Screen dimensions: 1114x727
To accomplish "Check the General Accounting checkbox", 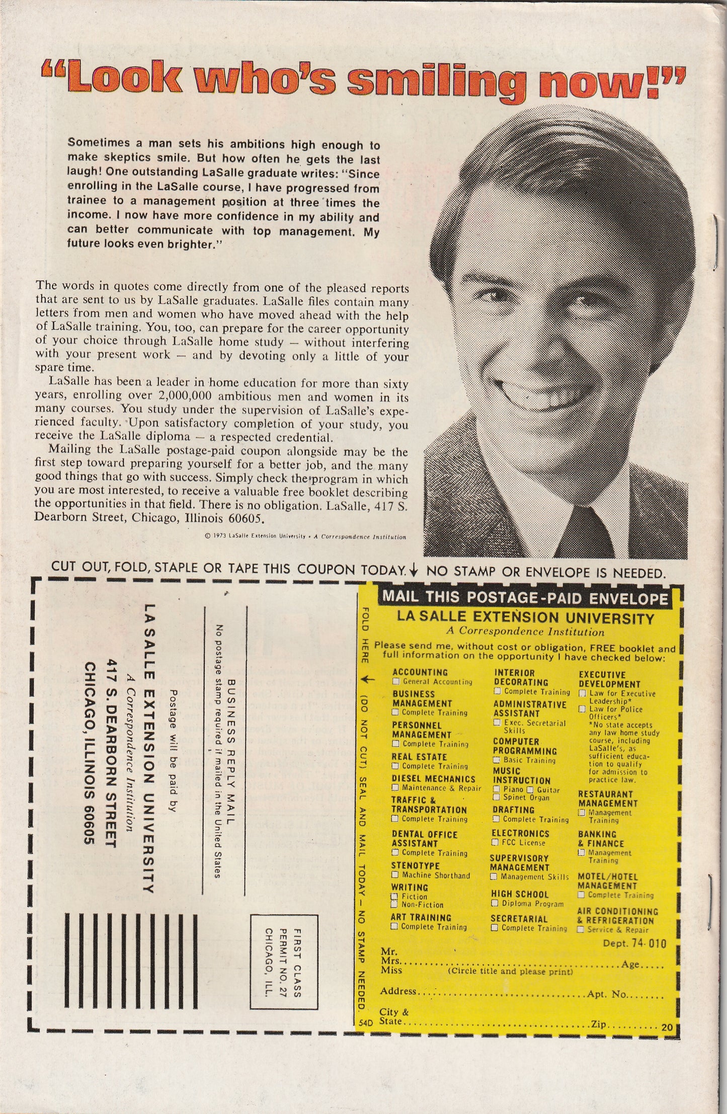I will point(396,682).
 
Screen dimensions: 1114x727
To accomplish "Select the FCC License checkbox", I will point(495,843).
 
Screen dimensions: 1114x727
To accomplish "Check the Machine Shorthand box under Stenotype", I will point(395,876).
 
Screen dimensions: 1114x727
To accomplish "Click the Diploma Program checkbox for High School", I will point(495,904).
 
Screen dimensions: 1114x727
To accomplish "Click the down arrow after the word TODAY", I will point(414,570).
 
